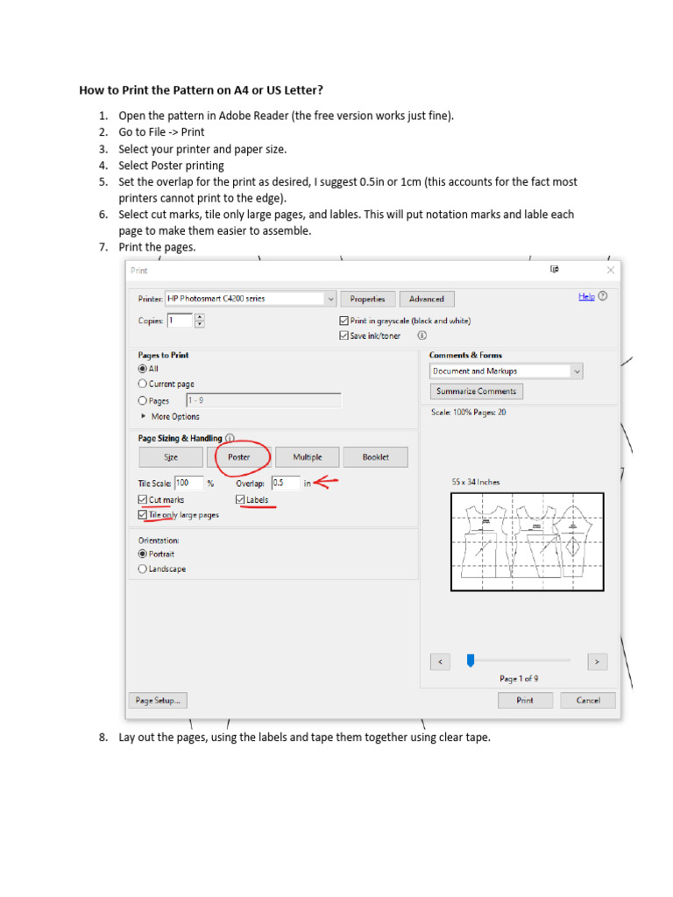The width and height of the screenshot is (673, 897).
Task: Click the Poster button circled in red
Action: [x=239, y=457]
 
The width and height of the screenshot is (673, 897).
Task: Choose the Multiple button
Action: [x=307, y=457]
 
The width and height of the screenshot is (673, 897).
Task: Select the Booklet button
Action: [x=375, y=457]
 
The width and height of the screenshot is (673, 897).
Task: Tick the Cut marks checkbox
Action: [x=144, y=500]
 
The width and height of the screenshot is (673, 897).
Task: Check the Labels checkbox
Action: [x=240, y=500]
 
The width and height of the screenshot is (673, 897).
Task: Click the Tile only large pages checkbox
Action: [x=144, y=516]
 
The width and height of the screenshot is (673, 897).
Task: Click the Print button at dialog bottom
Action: [x=525, y=701]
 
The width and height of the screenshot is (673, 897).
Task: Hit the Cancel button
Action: [x=588, y=701]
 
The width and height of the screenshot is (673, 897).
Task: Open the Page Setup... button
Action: [x=159, y=701]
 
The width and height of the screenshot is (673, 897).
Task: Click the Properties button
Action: [x=367, y=299]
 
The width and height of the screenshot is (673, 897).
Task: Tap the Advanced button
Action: [x=427, y=299]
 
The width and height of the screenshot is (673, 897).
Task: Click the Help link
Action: [x=586, y=297]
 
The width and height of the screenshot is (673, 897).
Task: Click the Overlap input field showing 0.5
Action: [x=284, y=483]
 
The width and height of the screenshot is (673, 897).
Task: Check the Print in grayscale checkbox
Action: [x=344, y=321]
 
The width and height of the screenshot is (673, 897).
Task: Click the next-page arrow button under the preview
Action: [x=597, y=661]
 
